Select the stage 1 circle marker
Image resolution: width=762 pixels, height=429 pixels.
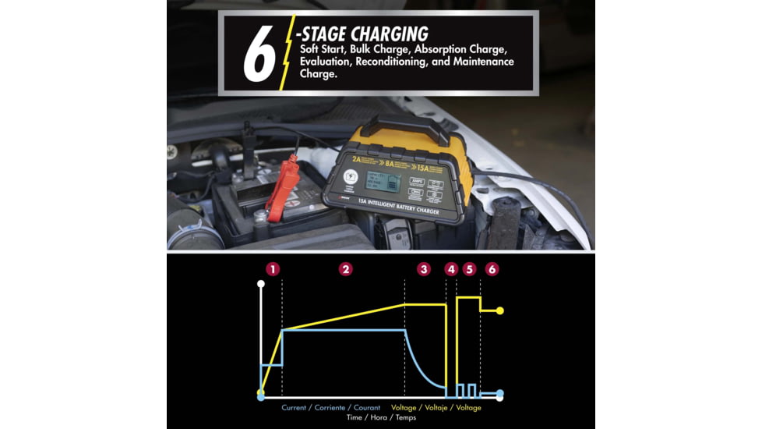coord(272,269)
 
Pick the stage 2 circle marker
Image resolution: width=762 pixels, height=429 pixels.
coord(346,269)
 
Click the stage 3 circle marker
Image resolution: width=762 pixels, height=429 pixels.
coord(423,269)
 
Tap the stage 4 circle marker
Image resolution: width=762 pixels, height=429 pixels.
coord(451,269)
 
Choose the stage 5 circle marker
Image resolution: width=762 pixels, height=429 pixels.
coord(469,269)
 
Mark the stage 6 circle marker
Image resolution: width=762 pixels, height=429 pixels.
coord(491,269)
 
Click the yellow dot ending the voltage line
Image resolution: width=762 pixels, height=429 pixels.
coord(500,310)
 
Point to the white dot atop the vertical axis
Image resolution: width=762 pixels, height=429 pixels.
coord(261,284)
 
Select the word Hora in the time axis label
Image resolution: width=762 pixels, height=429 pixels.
coord(379,418)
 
